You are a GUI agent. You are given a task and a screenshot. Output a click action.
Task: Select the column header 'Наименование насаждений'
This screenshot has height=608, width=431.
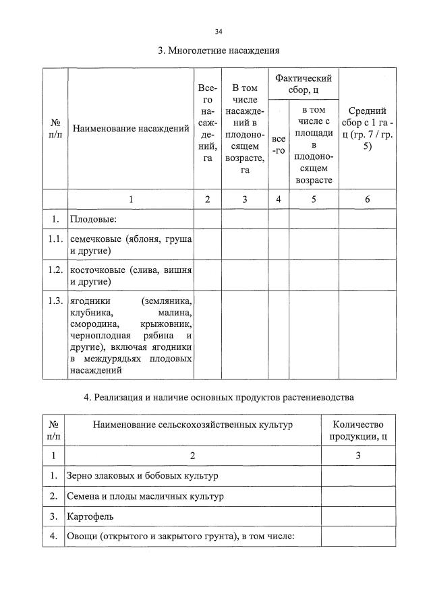tap(131, 128)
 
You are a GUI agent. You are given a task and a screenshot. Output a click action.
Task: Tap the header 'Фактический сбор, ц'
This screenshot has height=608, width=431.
tap(303, 84)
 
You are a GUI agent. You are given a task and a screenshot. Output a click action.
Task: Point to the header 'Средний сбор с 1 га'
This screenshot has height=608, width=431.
tap(367, 128)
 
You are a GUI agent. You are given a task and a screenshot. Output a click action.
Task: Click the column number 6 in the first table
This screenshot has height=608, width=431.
tap(367, 199)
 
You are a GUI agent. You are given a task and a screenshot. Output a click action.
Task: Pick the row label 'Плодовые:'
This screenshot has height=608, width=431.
tap(94, 219)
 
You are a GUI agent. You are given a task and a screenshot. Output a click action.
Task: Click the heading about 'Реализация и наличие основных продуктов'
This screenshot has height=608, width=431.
tap(219, 397)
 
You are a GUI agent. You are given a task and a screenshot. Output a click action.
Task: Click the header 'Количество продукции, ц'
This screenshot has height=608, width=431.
tap(357, 430)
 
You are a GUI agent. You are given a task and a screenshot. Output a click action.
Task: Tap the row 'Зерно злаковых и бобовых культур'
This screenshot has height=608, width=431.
tap(142, 476)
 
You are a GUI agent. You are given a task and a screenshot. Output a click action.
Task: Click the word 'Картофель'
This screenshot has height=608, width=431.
tap(90, 517)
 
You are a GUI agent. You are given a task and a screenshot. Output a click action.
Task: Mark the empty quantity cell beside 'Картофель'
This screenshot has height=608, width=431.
tap(357, 517)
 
